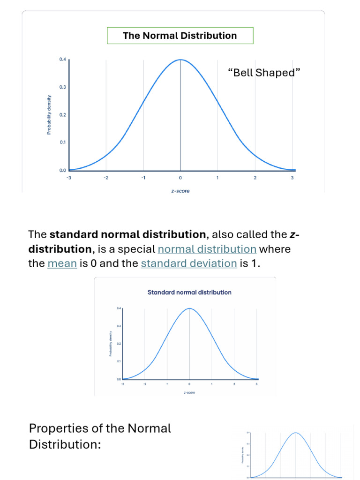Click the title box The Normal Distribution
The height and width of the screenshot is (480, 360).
[x=180, y=36]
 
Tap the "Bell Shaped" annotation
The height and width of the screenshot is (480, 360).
[x=263, y=73]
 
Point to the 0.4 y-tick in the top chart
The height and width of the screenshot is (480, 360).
[x=63, y=60]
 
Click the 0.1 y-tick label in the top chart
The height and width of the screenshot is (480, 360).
[x=63, y=142]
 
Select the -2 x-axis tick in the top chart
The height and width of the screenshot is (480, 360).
[x=106, y=178]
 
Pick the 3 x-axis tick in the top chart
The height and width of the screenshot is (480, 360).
[x=292, y=178]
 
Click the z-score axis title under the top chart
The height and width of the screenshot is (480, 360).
[x=180, y=191]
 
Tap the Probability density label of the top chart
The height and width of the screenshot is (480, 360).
[x=49, y=115]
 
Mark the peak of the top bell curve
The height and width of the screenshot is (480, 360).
[x=180, y=60]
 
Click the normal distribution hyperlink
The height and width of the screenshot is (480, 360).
[x=207, y=249]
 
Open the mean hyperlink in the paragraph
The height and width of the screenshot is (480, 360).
[x=62, y=263]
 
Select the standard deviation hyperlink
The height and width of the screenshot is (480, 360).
[x=189, y=263]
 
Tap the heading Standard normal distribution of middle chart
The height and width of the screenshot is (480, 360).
[x=189, y=292]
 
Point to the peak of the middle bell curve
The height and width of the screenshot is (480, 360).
[x=189, y=308]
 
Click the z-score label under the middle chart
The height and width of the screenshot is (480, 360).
[x=189, y=392]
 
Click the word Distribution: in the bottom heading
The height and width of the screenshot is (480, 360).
[x=65, y=444]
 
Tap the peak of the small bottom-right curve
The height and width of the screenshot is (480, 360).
[x=296, y=433]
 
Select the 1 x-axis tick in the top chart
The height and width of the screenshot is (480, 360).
[x=217, y=178]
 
